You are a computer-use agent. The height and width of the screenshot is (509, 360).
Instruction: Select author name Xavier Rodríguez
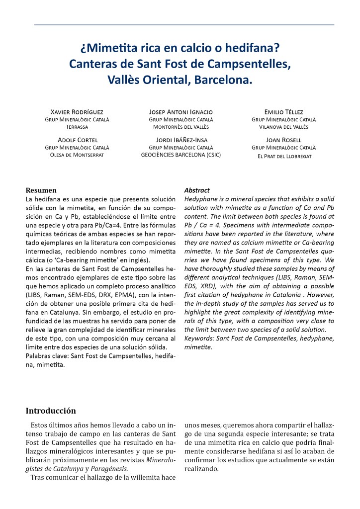(77, 112)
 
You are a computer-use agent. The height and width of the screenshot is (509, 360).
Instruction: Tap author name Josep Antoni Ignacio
(181, 112)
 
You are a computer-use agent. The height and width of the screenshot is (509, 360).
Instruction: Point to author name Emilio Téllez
(284, 112)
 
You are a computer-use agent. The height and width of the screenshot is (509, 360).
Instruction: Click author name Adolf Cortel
(77, 140)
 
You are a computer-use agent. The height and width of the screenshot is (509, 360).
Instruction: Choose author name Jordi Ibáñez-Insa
(181, 140)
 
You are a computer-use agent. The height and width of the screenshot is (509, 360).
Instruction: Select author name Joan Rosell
(284, 140)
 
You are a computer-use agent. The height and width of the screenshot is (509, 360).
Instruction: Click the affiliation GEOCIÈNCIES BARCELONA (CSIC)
(181, 155)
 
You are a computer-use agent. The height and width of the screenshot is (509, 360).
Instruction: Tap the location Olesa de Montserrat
(77, 155)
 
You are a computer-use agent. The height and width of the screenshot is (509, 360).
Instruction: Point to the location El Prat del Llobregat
(284, 156)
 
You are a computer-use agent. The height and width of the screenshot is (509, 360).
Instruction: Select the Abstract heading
(197, 190)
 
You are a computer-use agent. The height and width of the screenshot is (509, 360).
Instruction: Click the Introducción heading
(51, 411)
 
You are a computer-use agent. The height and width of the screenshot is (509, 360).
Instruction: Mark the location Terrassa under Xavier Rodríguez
(77, 127)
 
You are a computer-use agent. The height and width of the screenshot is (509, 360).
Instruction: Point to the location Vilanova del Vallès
(284, 127)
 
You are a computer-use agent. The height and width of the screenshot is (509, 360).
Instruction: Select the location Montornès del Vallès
(181, 127)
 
